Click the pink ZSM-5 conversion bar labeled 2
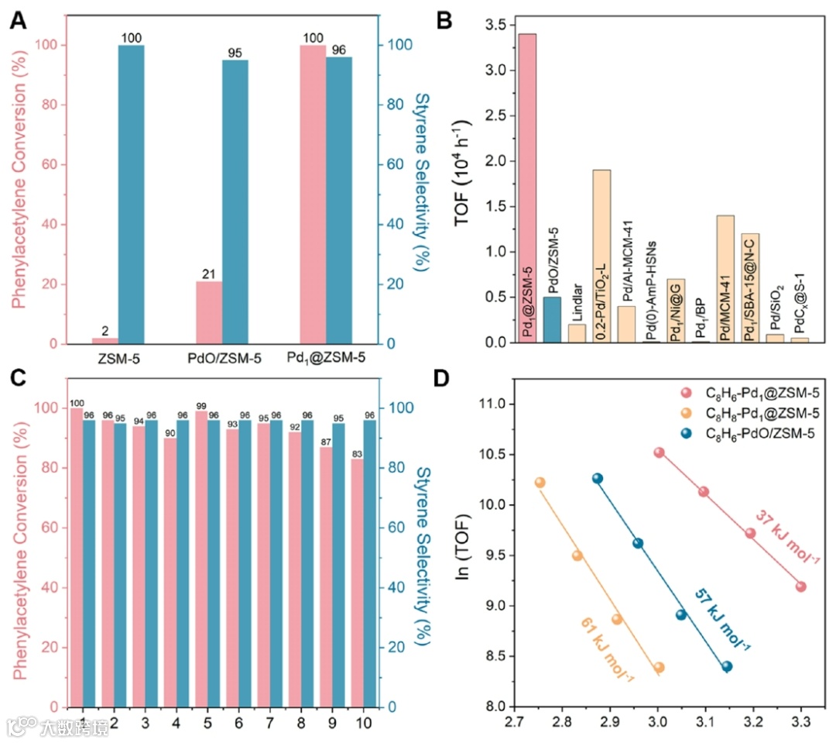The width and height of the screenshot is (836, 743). (x=105, y=341)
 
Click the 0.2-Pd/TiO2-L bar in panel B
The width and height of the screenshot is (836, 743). (x=601, y=256)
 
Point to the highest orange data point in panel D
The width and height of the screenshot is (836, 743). (x=540, y=483)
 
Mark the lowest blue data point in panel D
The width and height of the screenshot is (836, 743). (x=727, y=666)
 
